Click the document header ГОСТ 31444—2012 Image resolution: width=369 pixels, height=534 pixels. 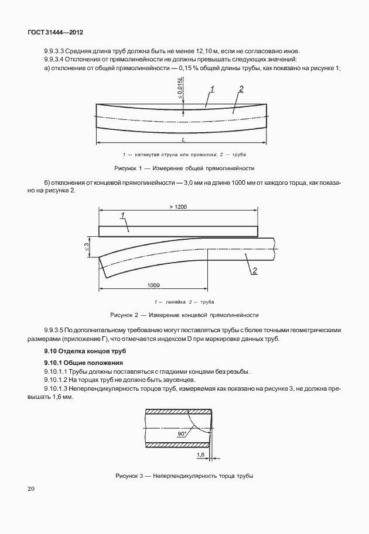click(x=52, y=33)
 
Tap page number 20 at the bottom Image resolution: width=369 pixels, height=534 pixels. click(x=30, y=488)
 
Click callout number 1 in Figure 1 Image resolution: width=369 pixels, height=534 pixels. click(x=213, y=88)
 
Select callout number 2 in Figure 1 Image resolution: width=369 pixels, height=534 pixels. click(x=241, y=89)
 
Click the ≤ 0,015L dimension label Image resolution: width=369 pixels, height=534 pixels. click(x=180, y=90)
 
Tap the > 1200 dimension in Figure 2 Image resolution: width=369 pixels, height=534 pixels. click(x=177, y=207)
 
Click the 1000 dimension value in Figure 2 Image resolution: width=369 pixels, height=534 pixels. click(x=153, y=285)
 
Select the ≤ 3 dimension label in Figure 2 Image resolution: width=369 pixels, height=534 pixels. click(x=86, y=247)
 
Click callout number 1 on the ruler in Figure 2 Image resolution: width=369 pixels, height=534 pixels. click(x=124, y=216)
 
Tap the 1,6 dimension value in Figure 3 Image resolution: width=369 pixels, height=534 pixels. click(x=200, y=454)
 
